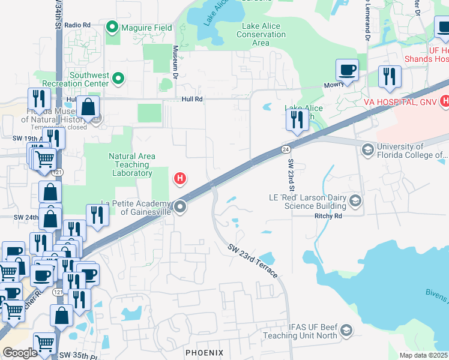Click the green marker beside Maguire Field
(112, 28)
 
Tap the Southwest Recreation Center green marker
(118, 79)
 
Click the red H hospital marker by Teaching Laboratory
(179, 178)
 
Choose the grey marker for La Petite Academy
(179, 208)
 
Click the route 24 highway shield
(286, 149)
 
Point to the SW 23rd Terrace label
(253, 260)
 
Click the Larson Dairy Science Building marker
(355, 201)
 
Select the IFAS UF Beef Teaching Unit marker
(346, 330)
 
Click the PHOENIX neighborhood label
(204, 352)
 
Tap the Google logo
(20, 352)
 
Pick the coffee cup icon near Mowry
(347, 70)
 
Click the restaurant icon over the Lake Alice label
(297, 120)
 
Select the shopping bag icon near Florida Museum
(88, 108)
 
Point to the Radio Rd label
(77, 25)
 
